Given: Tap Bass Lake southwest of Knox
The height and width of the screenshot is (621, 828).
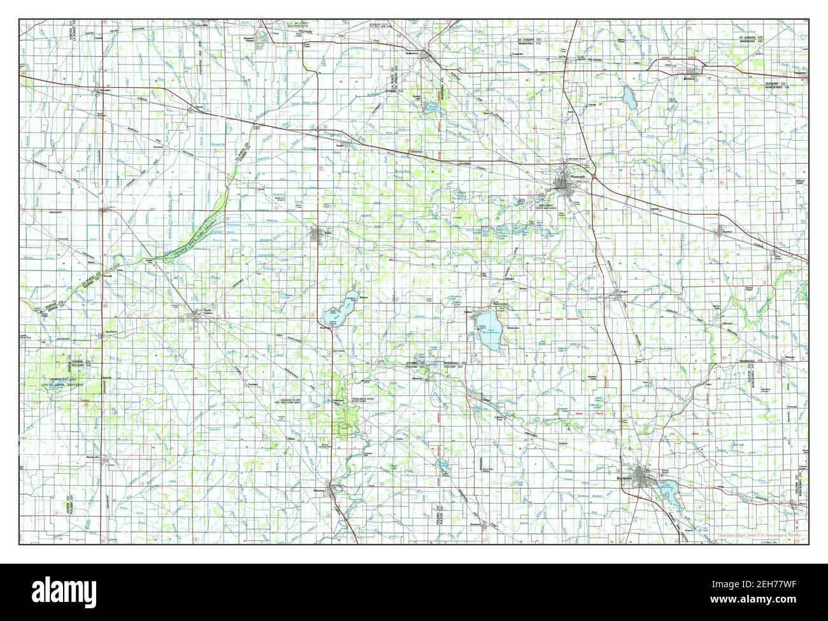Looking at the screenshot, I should [336, 312].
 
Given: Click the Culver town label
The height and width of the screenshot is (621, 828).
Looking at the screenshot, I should [468, 311].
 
